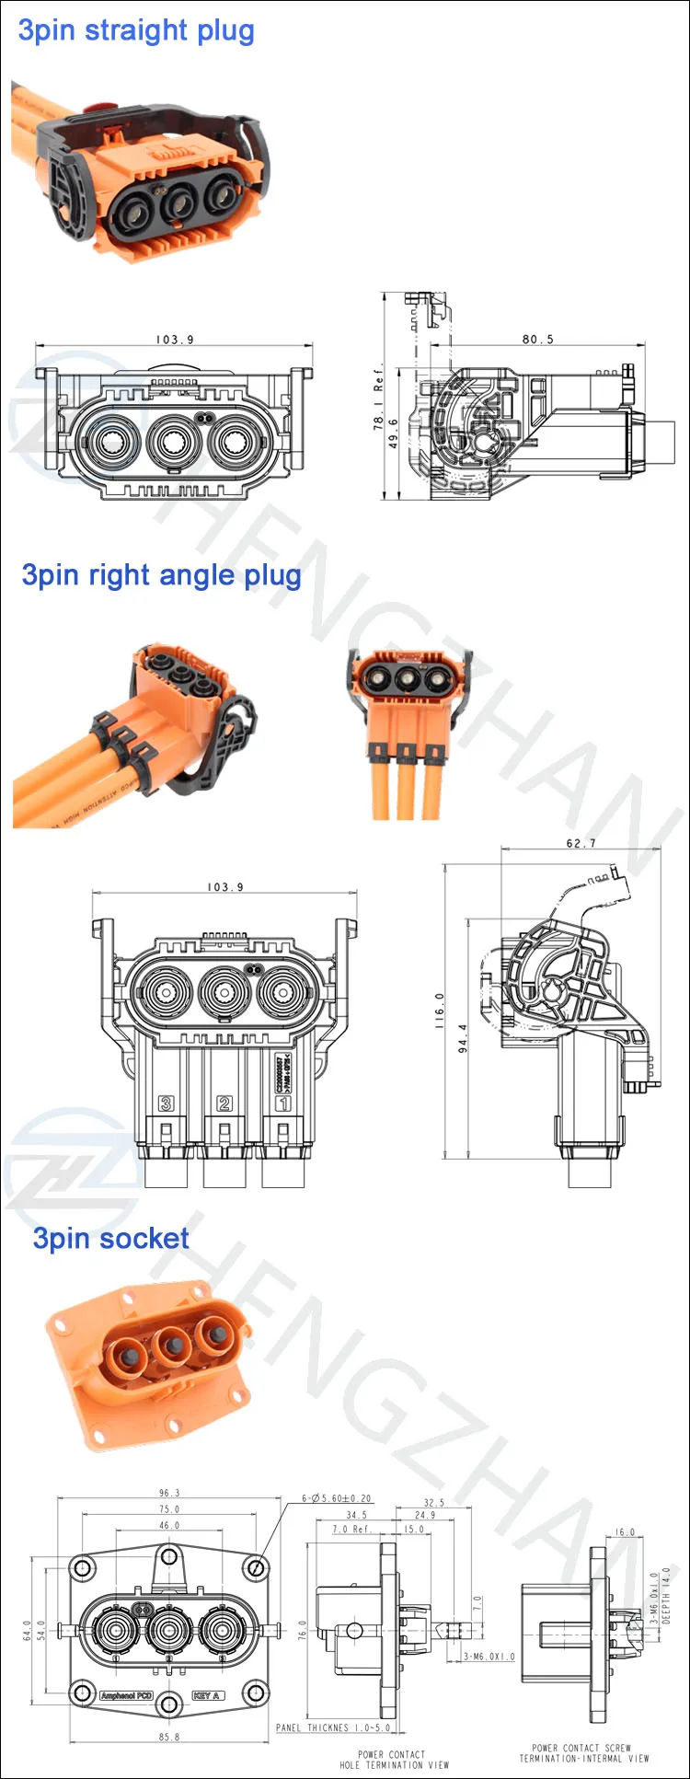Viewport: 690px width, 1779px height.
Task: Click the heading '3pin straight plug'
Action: [136, 30]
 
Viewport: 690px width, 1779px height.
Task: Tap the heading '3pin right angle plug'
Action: [161, 575]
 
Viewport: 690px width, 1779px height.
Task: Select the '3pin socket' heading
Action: [111, 1238]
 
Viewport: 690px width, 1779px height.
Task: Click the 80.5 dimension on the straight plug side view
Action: [538, 339]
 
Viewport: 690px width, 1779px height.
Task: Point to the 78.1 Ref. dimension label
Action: [378, 397]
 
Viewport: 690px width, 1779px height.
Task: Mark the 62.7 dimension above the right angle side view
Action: [581, 843]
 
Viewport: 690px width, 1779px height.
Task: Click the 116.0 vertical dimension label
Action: [439, 1010]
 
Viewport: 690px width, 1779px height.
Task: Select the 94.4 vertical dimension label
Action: [463, 1038]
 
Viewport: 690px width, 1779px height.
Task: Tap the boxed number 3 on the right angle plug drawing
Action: [167, 1103]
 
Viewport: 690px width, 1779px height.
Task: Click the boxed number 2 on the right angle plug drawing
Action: [224, 1103]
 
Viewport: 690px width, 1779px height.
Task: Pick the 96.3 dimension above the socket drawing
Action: [169, 1493]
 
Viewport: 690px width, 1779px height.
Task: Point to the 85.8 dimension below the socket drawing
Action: [169, 1737]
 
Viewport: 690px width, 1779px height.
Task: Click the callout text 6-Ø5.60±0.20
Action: [337, 1498]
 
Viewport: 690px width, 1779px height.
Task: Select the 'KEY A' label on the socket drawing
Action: [207, 1694]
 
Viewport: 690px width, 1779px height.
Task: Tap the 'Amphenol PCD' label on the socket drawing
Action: [126, 1694]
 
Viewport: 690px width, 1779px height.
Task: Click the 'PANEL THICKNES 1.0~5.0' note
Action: [333, 1727]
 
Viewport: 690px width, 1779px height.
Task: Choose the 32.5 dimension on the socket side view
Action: [434, 1502]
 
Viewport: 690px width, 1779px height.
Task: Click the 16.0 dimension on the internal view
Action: [625, 1532]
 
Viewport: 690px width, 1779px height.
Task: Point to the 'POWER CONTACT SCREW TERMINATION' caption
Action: [583, 1752]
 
